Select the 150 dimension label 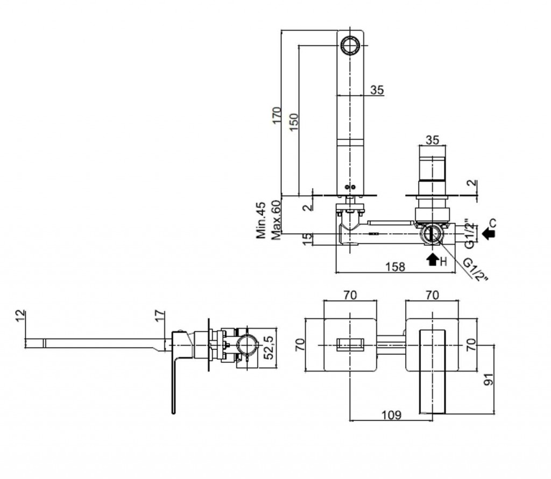coord(294,122)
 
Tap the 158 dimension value coord(395,267)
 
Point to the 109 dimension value coord(392,415)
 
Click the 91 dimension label coord(489,380)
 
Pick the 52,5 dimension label coord(269,348)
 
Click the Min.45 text coord(261,220)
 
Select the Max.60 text coord(277,220)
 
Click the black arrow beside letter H coord(433,259)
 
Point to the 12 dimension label coord(21,314)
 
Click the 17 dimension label coord(159,316)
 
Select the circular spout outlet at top coord(350,46)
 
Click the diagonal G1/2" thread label coord(476,270)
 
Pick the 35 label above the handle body coord(432,140)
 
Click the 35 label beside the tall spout coord(377,90)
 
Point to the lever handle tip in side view coord(174,412)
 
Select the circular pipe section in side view coord(248,346)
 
